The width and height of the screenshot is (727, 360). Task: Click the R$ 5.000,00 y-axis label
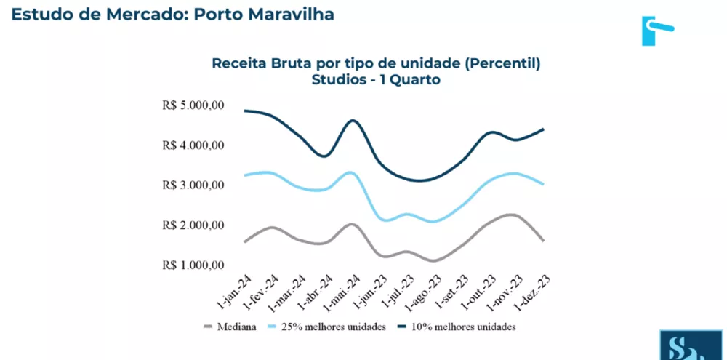(194, 105)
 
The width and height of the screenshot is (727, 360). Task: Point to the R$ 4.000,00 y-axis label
(194, 145)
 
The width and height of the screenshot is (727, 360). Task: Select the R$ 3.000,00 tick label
(194, 185)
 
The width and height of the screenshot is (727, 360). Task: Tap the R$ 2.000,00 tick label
(194, 225)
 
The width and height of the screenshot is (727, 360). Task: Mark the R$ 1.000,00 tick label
(194, 265)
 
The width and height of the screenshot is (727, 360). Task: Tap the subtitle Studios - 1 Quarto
(376, 80)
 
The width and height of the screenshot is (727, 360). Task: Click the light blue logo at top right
(656, 30)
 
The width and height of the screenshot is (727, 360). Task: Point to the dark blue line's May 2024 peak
(353, 120)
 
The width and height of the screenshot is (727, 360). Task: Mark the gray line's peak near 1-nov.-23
(511, 215)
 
